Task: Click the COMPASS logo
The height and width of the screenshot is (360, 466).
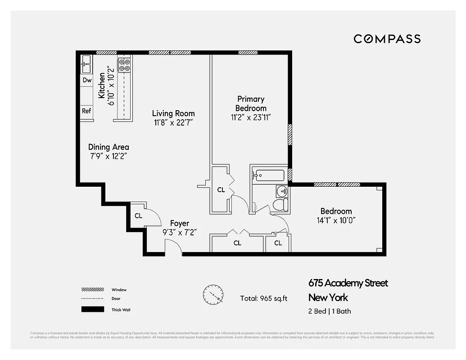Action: point(387,39)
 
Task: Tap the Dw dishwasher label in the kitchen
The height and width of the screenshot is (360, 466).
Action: point(87,81)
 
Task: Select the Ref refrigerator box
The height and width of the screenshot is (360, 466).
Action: point(86,111)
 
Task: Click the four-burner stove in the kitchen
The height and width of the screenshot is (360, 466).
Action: point(124,65)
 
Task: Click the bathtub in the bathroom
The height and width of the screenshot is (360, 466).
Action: point(269,175)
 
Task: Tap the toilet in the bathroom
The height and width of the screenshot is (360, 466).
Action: point(281,205)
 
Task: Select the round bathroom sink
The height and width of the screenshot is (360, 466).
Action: point(282,191)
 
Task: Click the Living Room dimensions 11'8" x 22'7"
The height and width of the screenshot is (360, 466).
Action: point(173,122)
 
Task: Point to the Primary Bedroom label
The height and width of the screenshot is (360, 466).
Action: point(251,103)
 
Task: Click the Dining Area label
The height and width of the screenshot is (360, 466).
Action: point(109,147)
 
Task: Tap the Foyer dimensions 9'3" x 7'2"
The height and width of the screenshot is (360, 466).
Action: point(179,232)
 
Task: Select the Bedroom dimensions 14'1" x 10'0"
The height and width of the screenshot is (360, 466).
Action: point(336,220)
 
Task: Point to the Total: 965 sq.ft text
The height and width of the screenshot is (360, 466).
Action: point(264,298)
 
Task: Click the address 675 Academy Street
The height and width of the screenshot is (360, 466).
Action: point(348,283)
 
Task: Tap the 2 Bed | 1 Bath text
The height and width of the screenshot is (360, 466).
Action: point(330,311)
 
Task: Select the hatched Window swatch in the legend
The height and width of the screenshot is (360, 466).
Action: point(93,289)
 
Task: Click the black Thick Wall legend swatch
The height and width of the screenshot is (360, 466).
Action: point(93,309)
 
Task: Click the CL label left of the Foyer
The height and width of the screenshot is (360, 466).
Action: point(139,216)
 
